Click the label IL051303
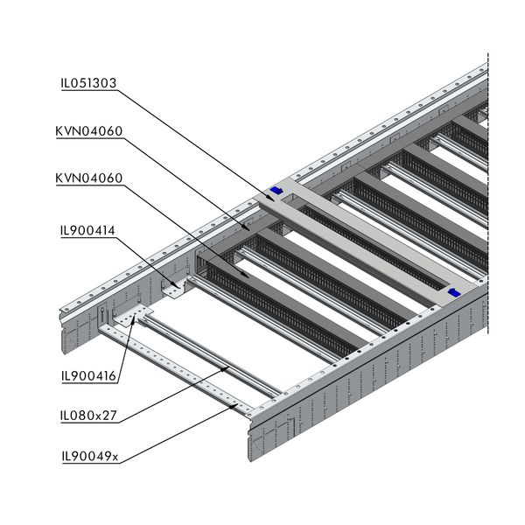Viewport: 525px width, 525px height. point(88,84)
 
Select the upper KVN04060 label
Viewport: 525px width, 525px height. point(88,131)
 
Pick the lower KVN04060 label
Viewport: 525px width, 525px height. point(88,178)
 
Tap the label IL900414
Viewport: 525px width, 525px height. point(88,231)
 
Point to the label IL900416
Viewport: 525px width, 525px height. point(88,378)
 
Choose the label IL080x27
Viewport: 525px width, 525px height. point(88,416)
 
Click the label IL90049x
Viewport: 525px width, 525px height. point(88,455)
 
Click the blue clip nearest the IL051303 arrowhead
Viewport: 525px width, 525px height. point(278,190)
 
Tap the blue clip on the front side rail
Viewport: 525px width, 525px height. point(453,292)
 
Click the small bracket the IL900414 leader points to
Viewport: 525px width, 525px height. point(176,290)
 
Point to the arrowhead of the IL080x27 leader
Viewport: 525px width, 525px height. point(229,368)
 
